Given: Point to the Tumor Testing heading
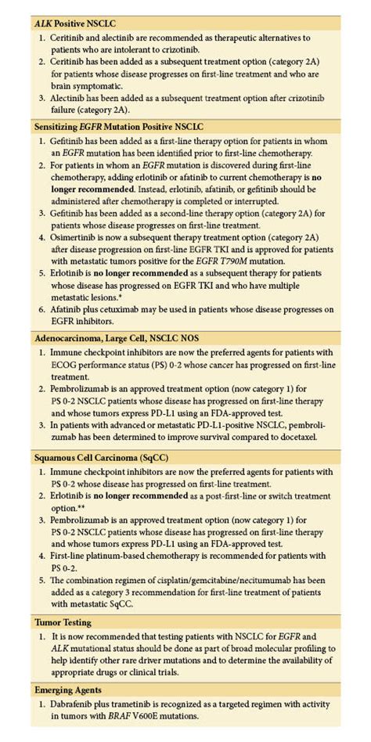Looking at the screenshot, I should point(64,622).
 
